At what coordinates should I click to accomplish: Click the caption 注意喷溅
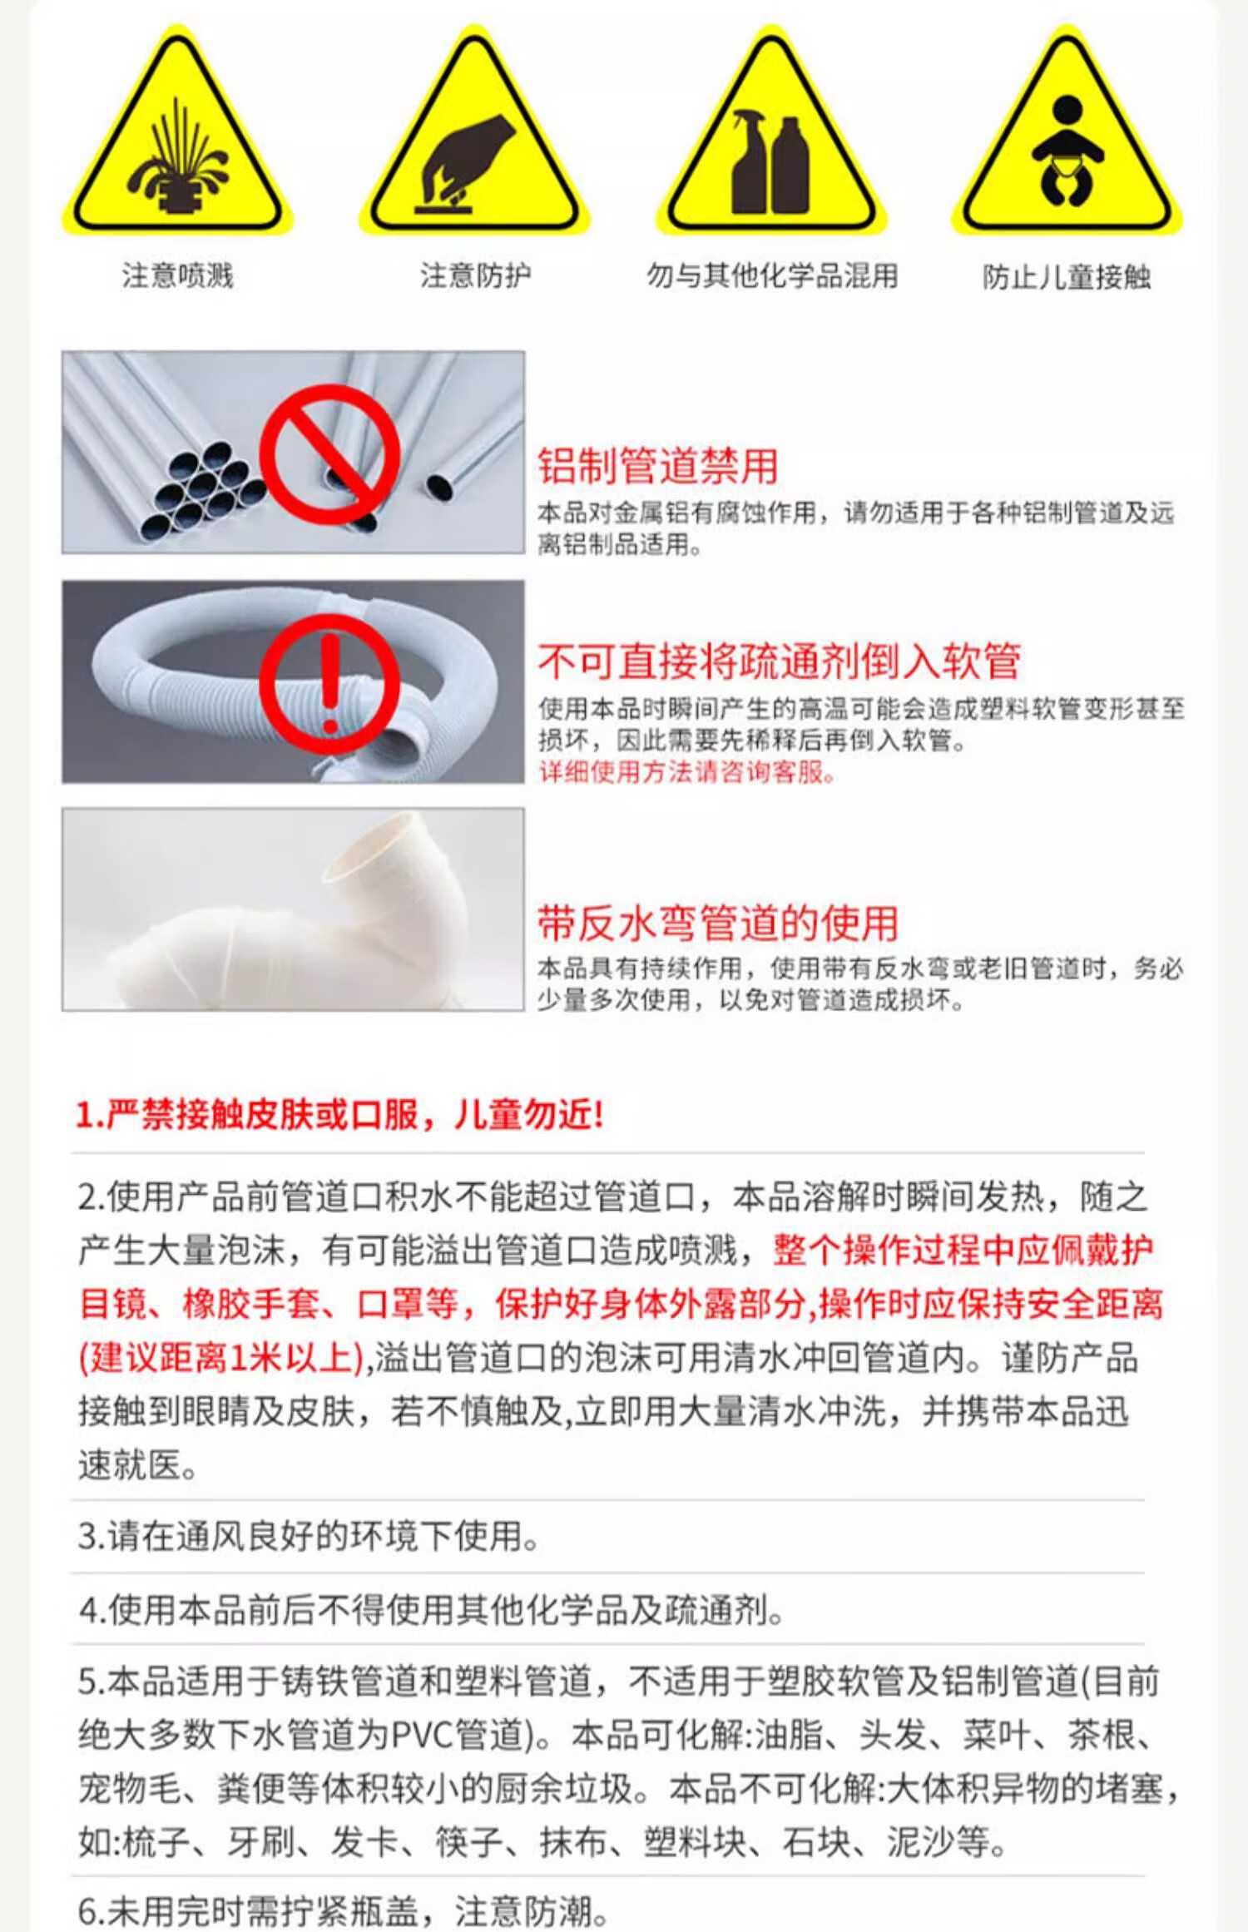178,275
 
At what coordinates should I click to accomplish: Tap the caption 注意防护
475,275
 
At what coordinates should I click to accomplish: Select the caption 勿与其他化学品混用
773,275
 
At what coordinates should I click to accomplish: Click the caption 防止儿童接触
1067,277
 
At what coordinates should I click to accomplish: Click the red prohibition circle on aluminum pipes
329,453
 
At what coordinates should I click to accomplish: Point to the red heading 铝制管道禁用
658,466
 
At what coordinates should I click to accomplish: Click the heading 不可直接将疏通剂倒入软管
779,661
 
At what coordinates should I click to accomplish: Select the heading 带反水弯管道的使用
718,924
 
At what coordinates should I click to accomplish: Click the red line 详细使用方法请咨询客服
686,772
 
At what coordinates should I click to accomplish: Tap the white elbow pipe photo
293,909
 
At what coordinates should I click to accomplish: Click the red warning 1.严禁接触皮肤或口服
339,1114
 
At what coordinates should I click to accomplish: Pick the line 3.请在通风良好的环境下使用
309,1536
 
